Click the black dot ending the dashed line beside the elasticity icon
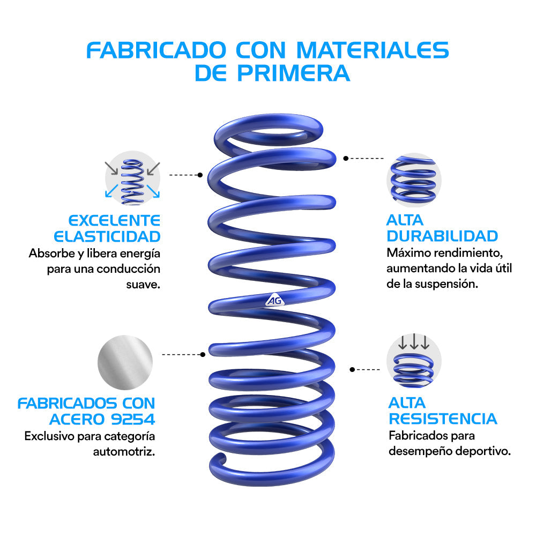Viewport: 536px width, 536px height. (x=200, y=175)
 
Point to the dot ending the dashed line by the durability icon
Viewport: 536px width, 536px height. (x=346, y=158)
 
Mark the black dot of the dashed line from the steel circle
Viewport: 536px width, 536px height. (x=203, y=354)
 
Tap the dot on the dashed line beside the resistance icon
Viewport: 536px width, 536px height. (x=353, y=369)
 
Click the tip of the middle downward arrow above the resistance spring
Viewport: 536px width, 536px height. (x=414, y=349)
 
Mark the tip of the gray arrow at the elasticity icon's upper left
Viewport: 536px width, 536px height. (x=117, y=174)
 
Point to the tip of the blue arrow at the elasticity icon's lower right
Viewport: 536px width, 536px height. (x=159, y=198)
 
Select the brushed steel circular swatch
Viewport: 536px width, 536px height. (x=125, y=362)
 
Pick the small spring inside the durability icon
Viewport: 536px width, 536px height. (x=413, y=180)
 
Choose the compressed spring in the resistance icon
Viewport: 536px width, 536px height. (x=413, y=370)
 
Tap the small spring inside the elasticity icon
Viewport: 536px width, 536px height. (x=132, y=182)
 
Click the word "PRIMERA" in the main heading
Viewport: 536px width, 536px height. (x=293, y=73)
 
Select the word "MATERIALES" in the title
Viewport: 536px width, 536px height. (x=373, y=50)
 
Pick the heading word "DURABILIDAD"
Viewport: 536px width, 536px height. (x=442, y=236)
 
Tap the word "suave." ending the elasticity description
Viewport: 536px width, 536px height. (x=143, y=285)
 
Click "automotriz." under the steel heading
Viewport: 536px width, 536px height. (x=124, y=452)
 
